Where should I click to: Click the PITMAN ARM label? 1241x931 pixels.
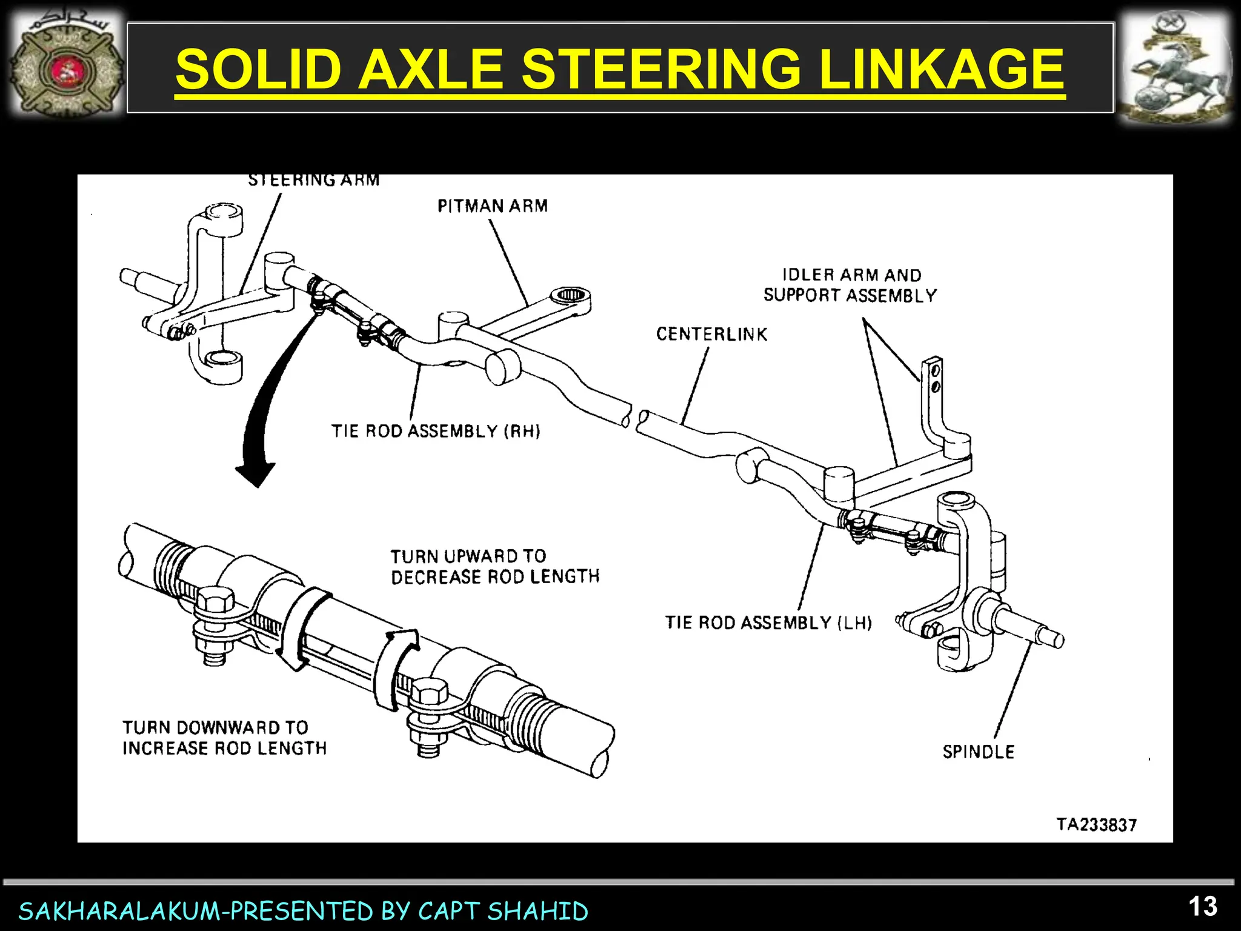(492, 206)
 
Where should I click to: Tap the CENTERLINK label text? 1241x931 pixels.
(711, 334)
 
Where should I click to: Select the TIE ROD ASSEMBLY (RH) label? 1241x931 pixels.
(435, 431)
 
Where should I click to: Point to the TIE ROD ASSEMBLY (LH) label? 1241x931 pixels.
(768, 622)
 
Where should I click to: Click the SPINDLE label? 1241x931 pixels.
(978, 752)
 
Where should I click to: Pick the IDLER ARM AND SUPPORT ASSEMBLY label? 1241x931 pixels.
(850, 285)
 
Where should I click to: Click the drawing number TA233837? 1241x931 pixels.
(1096, 824)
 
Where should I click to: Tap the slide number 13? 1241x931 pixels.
(1202, 907)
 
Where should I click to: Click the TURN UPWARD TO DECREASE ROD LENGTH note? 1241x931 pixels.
(494, 566)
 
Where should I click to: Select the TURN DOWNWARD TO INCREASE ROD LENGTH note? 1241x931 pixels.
(224, 738)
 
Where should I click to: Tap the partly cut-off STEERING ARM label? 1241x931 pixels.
(313, 180)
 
